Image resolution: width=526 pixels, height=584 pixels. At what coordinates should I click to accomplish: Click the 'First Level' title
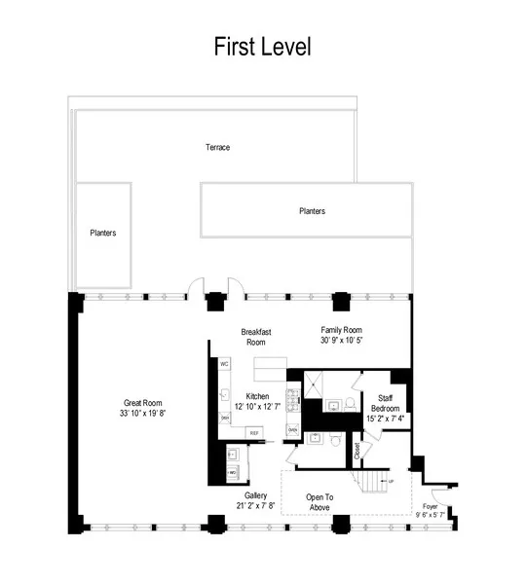click(262, 46)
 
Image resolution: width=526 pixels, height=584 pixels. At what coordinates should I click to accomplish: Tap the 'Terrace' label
click(217, 147)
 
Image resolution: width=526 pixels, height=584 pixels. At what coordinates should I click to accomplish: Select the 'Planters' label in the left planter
click(103, 233)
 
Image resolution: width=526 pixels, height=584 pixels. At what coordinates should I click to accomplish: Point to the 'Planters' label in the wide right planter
click(312, 210)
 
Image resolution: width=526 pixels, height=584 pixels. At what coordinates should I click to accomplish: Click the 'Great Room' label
click(142, 402)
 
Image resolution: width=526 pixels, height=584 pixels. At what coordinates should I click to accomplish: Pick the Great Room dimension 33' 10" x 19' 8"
click(142, 413)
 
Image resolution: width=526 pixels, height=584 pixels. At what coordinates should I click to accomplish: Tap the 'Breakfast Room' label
click(255, 337)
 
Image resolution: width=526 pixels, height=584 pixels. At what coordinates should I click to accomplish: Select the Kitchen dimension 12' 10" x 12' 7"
click(257, 406)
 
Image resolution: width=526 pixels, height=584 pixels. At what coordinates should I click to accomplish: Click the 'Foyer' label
click(430, 507)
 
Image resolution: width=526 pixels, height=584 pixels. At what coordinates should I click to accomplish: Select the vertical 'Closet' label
click(357, 452)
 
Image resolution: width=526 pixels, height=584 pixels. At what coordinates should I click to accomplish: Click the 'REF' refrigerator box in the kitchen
click(254, 431)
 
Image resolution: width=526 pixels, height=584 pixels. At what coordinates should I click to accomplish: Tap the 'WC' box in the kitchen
click(224, 364)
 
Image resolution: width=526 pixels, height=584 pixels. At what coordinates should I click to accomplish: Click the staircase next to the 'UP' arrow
click(372, 482)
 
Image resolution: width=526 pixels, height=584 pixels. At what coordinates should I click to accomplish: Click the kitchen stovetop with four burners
click(289, 399)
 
